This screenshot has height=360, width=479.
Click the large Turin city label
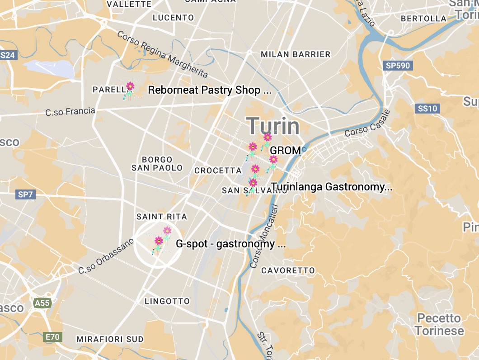(273, 125)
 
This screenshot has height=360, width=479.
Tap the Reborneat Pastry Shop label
(210, 90)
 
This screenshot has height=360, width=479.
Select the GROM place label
(285, 151)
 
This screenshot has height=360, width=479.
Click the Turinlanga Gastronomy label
(331, 187)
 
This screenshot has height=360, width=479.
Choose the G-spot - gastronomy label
(230, 244)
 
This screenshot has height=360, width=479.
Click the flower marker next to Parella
(130, 90)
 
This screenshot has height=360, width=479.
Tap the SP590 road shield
(398, 66)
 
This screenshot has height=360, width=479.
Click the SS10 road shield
(427, 109)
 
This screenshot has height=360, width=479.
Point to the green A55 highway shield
(42, 303)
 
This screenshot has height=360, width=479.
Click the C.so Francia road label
(70, 111)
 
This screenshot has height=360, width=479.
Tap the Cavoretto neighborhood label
(288, 270)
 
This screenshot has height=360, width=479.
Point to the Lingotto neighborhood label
(167, 301)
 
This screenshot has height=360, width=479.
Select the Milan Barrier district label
(296, 54)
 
